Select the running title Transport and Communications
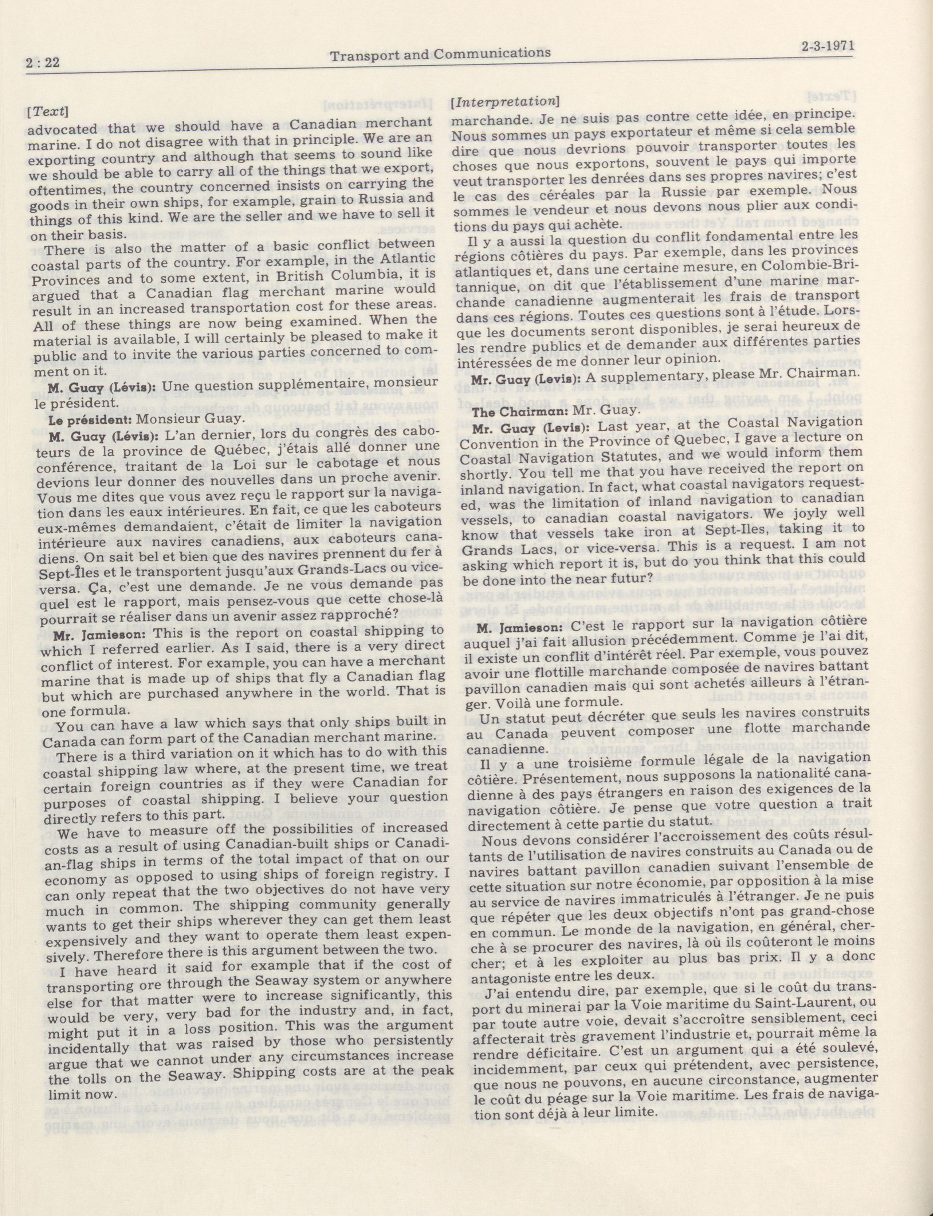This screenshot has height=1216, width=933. pos(440,54)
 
